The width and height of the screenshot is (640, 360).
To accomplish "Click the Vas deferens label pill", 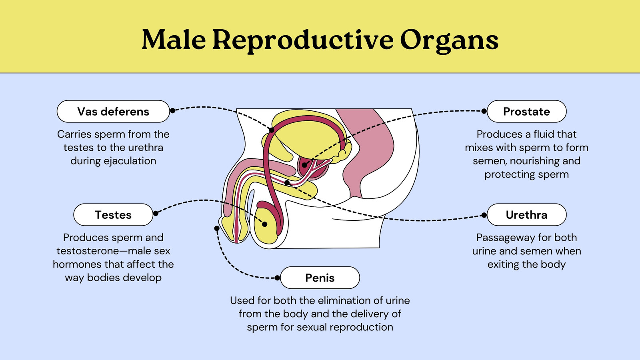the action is point(113,112).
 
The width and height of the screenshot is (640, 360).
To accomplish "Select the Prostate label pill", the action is point(526,112).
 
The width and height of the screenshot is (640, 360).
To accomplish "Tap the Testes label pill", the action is point(113,215).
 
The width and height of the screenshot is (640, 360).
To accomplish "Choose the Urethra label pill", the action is point(526,215).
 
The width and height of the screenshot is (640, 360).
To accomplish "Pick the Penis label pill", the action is point(320,278).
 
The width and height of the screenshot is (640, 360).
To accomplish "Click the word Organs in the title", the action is point(449,40).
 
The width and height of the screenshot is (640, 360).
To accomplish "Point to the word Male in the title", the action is point(174,40).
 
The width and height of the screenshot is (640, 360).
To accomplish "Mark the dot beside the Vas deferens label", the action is point(172,110).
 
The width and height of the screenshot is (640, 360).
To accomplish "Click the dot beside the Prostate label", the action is point(484,111).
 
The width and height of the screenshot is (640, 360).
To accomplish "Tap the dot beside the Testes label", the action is point(156,214).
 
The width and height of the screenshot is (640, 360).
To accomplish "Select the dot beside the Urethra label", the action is point(484,215).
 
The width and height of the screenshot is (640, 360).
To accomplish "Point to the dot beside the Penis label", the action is point(277,278).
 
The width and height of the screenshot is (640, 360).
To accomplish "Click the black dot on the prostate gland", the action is point(304,165).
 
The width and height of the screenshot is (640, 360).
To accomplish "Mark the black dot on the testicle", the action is point(264,224).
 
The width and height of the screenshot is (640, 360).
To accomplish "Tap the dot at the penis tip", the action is point(217,228).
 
